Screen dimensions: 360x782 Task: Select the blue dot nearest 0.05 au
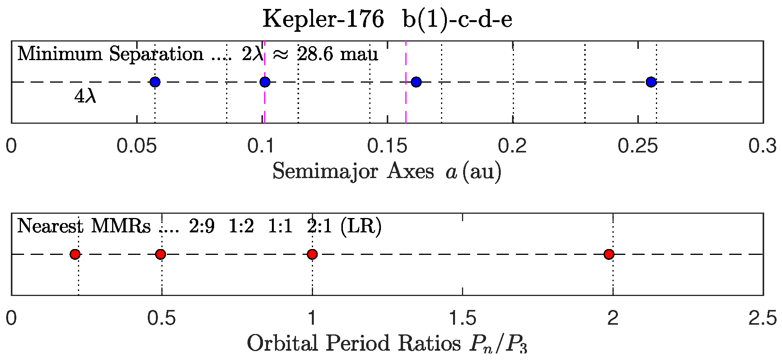[155, 82]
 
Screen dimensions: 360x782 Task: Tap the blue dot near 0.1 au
[265, 82]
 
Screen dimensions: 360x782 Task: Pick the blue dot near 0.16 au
[416, 82]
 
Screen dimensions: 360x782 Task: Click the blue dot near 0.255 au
[651, 82]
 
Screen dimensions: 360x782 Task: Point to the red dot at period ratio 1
[312, 254]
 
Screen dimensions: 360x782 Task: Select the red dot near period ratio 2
[609, 254]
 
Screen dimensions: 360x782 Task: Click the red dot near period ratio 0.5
[161, 254]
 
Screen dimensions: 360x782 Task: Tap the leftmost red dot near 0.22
[75, 254]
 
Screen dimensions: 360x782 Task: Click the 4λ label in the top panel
[85, 97]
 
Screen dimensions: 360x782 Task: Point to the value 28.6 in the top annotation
[315, 54]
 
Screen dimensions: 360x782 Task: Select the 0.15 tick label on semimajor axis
[387, 147]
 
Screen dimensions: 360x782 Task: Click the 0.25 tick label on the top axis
[637, 147]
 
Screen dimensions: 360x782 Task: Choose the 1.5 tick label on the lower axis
[462, 319]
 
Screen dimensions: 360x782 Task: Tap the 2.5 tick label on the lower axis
[763, 319]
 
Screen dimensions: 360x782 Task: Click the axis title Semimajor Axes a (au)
[387, 171]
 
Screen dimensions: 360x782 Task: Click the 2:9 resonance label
[202, 226]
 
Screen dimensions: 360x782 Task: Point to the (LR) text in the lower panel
[361, 226]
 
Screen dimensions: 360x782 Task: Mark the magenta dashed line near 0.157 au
[406, 101]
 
